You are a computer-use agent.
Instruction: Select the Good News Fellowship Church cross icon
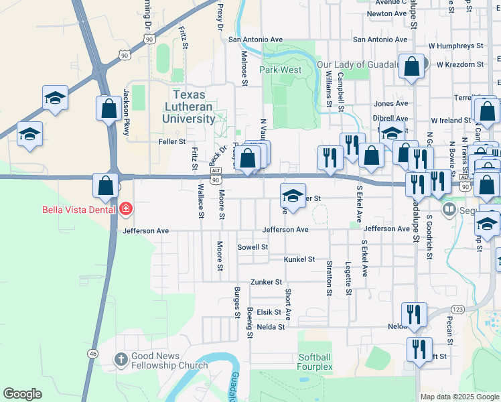[121, 360]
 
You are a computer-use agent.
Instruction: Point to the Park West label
[281, 69]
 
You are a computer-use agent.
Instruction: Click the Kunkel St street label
[299, 259]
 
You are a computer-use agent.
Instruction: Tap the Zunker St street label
[266, 282]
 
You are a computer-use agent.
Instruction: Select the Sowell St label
[253, 247]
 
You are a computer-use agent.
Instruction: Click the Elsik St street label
[269, 312]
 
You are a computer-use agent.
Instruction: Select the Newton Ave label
[387, 13]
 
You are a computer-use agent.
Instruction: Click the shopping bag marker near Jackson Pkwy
[109, 108]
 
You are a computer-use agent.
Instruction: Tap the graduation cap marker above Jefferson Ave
[292, 195]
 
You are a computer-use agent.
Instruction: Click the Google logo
[22, 394]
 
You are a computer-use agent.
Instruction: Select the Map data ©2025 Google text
[458, 397]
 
